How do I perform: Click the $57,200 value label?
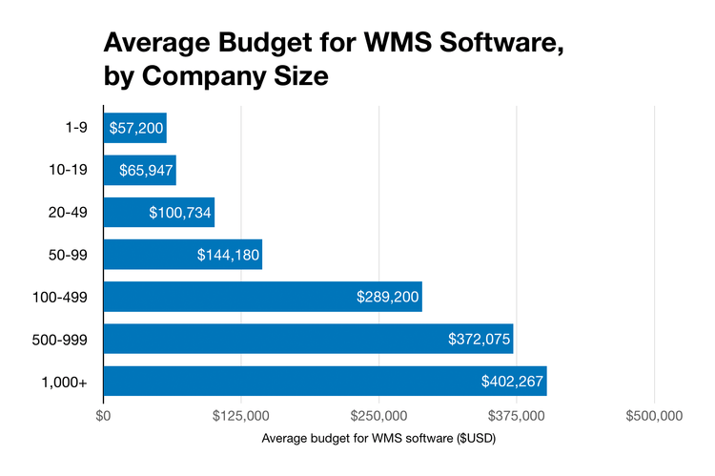pyautogui.click(x=135, y=128)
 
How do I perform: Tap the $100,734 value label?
pyautogui.click(x=180, y=213)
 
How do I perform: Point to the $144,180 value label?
pyautogui.click(x=227, y=255)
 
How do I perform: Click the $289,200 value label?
pyautogui.click(x=386, y=298)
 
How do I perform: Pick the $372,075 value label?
pyautogui.click(x=479, y=340)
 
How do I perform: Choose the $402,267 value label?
pyautogui.click(x=513, y=382)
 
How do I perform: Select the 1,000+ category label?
pyautogui.click(x=63, y=382)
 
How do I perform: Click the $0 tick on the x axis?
pyautogui.click(x=104, y=416)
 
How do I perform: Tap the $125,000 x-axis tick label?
pyautogui.click(x=241, y=416)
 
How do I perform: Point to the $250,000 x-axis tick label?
pyautogui.click(x=379, y=416)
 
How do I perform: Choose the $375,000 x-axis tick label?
pyautogui.click(x=517, y=416)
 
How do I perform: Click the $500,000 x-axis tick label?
pyautogui.click(x=654, y=416)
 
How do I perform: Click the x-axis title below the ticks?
pyautogui.click(x=378, y=439)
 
